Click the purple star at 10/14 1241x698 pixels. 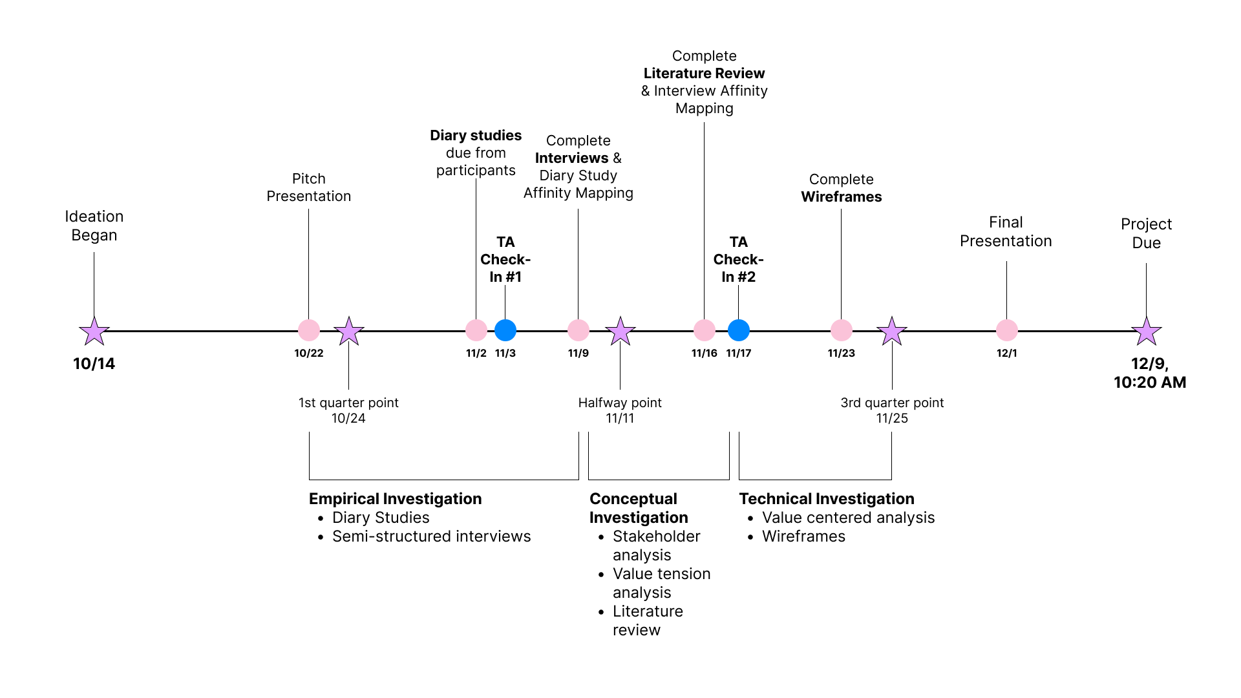[94, 331]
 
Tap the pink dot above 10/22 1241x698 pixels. [309, 330]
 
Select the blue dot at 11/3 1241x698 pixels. [505, 330]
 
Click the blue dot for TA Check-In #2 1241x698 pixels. [739, 330]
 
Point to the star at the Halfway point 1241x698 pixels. [620, 331]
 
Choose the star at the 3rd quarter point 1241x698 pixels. [892, 331]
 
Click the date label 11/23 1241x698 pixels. [841, 354]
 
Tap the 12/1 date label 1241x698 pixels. [1006, 354]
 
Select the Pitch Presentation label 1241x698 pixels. [309, 187]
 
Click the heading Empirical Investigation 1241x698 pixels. [395, 499]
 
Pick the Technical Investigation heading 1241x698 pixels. [826, 499]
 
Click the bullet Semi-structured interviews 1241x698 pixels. [431, 536]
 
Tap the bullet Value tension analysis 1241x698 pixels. [661, 583]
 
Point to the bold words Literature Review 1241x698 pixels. [704, 74]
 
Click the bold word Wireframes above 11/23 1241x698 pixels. [841, 197]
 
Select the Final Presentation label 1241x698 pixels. [1006, 231]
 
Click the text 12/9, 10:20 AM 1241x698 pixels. [1150, 373]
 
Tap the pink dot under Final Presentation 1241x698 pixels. [1006, 330]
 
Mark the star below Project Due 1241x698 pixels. [1147, 331]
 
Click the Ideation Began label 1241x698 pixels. [94, 226]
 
